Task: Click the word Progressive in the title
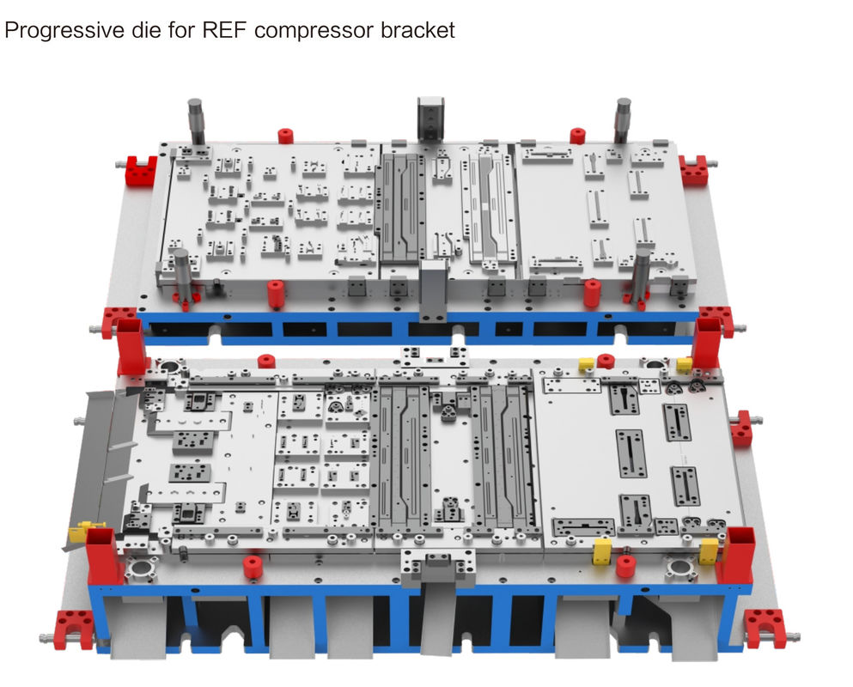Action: (x=64, y=30)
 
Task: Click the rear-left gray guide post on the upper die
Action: (x=196, y=121)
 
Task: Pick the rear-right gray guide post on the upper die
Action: (x=622, y=121)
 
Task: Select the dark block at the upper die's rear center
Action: (x=430, y=119)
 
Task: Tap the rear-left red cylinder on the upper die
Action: (x=285, y=136)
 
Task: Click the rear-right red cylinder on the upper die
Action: (x=577, y=136)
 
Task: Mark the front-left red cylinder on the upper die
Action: (x=276, y=295)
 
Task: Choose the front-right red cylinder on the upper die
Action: (x=592, y=293)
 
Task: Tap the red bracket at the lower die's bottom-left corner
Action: (x=75, y=629)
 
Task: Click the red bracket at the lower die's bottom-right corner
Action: (x=765, y=629)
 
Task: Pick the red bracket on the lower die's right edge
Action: (x=741, y=429)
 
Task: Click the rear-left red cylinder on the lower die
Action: (x=266, y=362)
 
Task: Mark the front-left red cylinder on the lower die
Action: (x=252, y=568)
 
